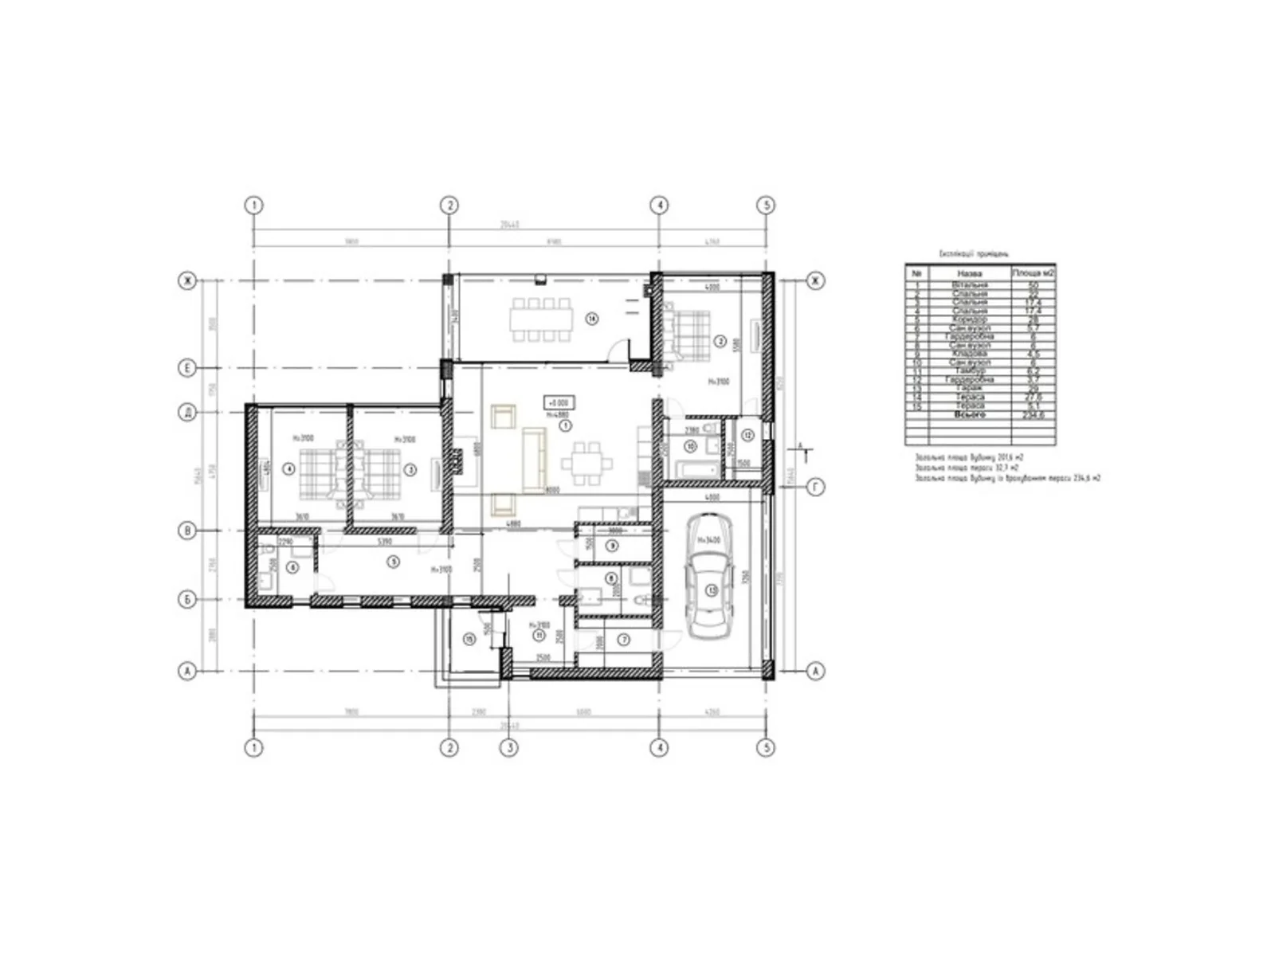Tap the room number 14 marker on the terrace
tap(591, 319)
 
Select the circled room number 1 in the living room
tap(565, 426)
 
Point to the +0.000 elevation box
tap(558, 403)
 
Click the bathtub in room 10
tap(689, 466)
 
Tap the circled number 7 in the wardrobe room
tap(624, 639)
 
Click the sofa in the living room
tap(533, 460)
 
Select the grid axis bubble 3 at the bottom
tap(508, 747)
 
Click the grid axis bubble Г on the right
tap(815, 487)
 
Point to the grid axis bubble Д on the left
tap(187, 412)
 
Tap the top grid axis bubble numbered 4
tap(659, 205)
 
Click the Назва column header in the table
tap(970, 273)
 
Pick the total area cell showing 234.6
tap(1033, 415)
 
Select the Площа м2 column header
tap(1033, 273)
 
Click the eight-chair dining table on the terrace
tap(542, 319)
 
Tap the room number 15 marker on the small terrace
tap(469, 638)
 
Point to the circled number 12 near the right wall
tap(747, 435)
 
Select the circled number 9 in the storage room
tap(612, 546)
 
